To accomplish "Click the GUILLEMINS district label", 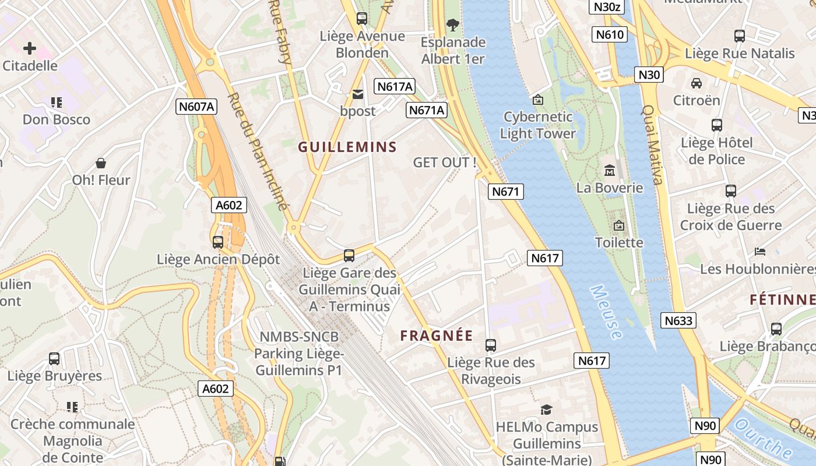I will [x=347, y=147].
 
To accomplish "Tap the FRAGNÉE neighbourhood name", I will [x=437, y=336].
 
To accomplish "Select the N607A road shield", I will [x=196, y=107].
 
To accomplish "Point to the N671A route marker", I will [x=427, y=110].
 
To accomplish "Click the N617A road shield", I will [x=395, y=86].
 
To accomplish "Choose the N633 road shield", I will [x=679, y=320].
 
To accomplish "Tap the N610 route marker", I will [x=610, y=35].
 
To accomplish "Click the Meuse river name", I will [x=606, y=312].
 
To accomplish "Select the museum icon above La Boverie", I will [x=610, y=171].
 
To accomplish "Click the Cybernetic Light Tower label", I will [x=538, y=125].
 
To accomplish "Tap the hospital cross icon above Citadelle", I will [x=30, y=48].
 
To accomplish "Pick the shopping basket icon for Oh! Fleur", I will [x=101, y=163].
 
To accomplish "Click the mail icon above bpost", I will [x=357, y=94].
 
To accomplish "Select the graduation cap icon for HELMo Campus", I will [x=546, y=410].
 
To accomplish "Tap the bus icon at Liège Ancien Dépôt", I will [x=218, y=242].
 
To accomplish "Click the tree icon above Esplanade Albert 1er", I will [x=452, y=25].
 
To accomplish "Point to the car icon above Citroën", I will [x=696, y=83].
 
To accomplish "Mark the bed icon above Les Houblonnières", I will [x=760, y=252].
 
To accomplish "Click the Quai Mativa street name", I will [x=652, y=144].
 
